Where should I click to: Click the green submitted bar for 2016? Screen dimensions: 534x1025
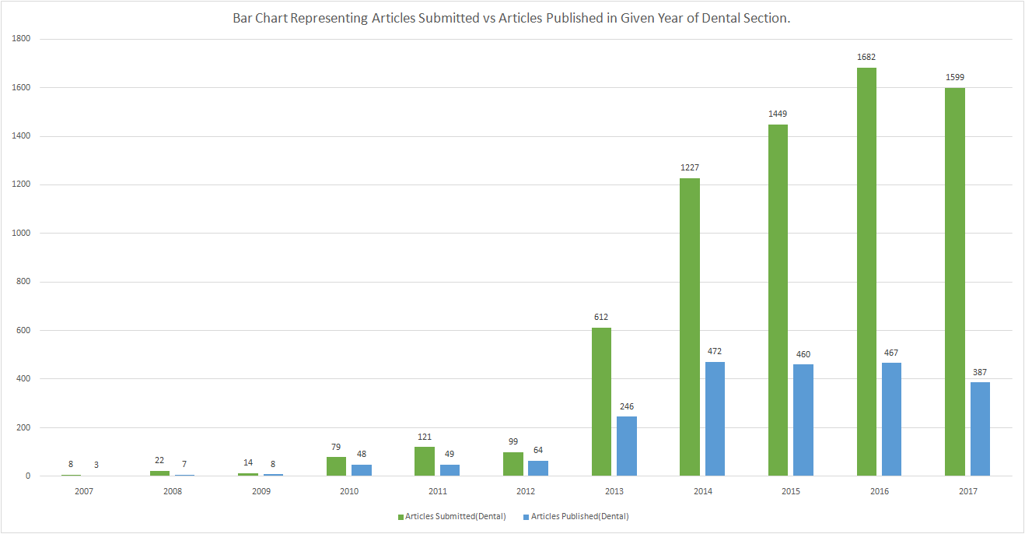866,272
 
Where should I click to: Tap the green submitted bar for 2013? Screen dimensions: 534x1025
601,402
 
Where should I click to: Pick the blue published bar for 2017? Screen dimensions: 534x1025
980,429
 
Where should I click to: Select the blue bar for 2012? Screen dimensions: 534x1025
538,468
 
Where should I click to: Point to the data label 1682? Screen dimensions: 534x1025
866,57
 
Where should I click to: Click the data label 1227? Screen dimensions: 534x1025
690,167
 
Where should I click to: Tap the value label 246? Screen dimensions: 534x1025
626,406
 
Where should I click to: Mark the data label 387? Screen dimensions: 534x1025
980,372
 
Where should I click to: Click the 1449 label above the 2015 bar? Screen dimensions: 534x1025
778,114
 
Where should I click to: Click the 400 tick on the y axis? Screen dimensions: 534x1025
23,379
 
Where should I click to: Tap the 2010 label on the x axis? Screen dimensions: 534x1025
349,491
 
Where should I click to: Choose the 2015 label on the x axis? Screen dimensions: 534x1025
791,491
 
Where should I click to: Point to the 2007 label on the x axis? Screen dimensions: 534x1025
84,491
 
